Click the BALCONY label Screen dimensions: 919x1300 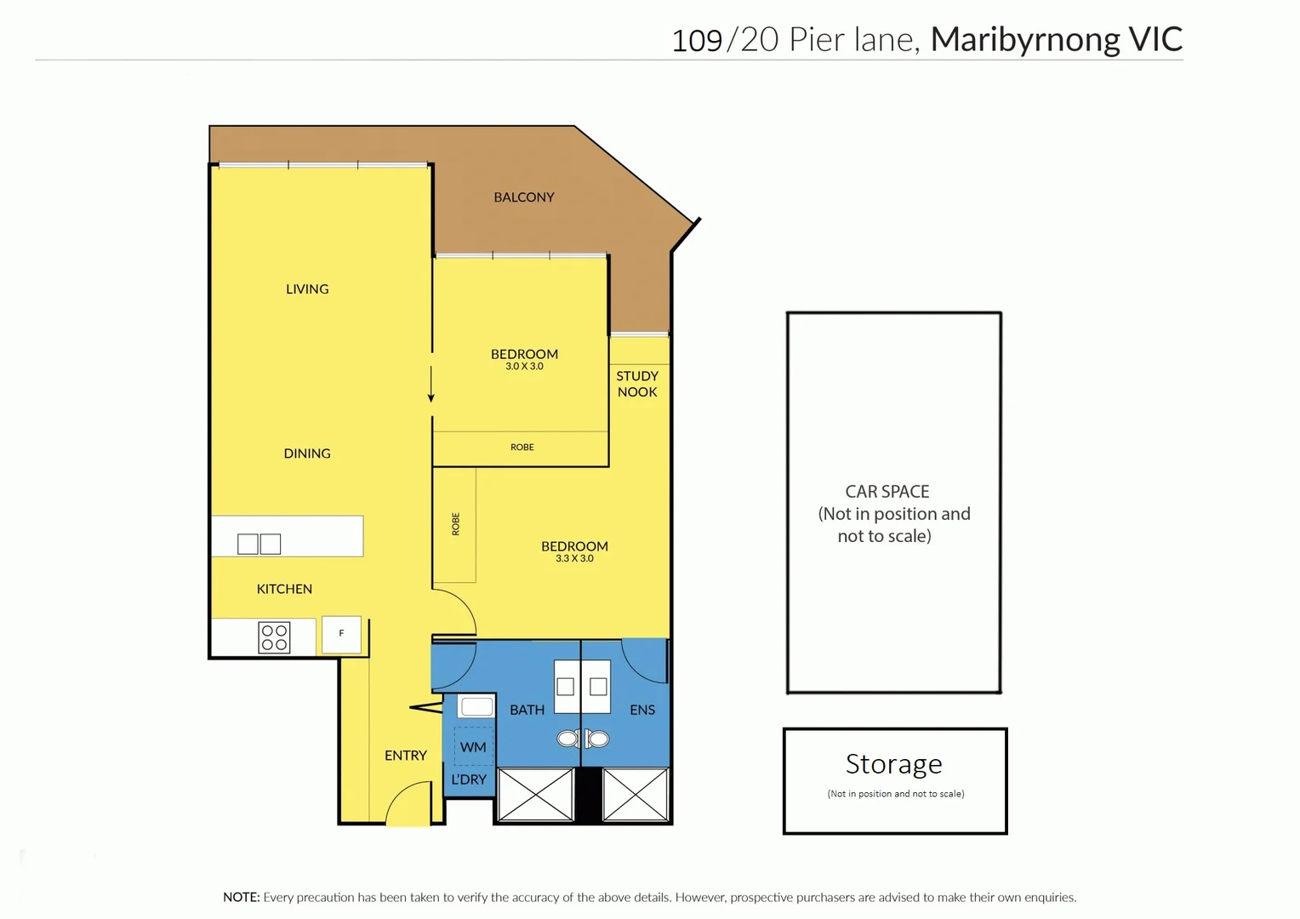(523, 197)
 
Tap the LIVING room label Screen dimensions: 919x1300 (307, 289)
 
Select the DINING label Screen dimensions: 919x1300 (307, 454)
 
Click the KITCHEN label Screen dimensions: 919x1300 (284, 589)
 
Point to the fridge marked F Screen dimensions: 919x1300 (342, 634)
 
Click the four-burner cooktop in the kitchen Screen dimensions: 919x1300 (274, 637)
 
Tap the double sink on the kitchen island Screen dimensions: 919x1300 (259, 544)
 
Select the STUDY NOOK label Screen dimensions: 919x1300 (637, 384)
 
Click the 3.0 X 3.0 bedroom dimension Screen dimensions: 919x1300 (524, 367)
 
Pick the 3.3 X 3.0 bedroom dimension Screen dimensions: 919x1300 (574, 559)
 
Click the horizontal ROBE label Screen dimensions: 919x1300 (522, 448)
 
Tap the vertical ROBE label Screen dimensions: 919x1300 (456, 524)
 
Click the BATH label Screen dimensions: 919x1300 (527, 710)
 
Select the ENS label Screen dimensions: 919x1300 (642, 710)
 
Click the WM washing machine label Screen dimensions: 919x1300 (473, 747)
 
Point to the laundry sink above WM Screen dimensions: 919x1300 (476, 706)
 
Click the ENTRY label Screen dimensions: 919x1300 (405, 756)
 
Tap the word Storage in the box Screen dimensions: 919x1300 (893, 764)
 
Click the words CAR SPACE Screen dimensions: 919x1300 (887, 492)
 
